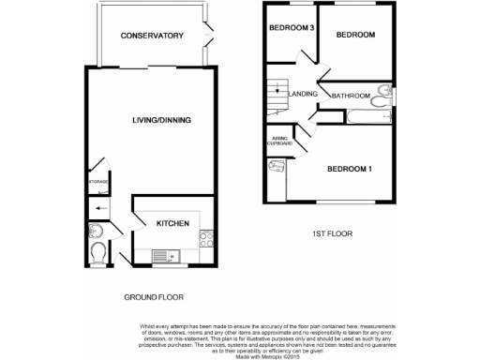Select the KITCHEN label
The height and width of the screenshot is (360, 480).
click(x=172, y=223)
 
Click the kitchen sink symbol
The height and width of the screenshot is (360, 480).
click(x=160, y=253)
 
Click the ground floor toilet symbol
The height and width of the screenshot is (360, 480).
click(x=100, y=252)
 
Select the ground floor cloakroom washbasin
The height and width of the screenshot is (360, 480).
click(x=95, y=232)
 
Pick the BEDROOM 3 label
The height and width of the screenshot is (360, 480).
click(x=291, y=29)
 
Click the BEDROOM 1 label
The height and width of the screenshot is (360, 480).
click(x=350, y=169)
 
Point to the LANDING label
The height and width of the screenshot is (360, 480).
click(x=304, y=94)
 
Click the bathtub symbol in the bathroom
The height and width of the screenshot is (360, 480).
click(x=367, y=116)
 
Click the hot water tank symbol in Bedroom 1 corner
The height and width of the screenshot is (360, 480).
click(x=278, y=167)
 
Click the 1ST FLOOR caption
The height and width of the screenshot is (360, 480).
click(x=332, y=232)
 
